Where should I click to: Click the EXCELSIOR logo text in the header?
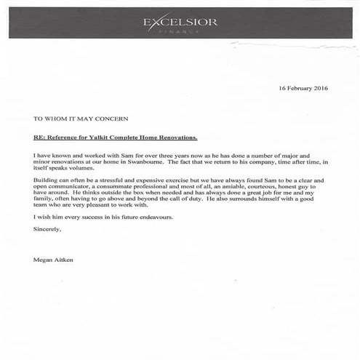[180, 22]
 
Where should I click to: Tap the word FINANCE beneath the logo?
[180, 33]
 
